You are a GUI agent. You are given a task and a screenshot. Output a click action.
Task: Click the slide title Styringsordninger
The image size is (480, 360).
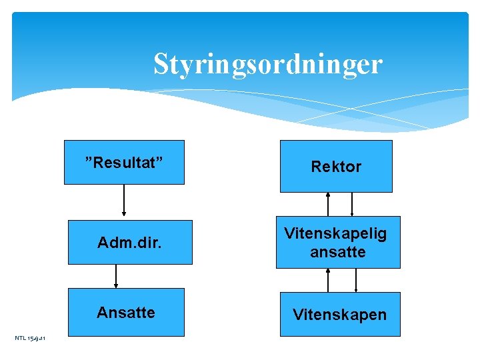(267, 65)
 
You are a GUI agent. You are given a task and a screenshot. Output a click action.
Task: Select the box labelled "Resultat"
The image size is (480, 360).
(124, 162)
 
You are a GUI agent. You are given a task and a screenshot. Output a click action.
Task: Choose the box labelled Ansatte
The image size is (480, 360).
(125, 312)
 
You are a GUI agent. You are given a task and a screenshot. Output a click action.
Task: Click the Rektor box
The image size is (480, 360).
(336, 167)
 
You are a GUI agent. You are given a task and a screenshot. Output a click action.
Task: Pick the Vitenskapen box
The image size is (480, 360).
(339, 314)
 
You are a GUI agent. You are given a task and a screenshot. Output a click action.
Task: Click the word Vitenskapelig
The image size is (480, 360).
(335, 233)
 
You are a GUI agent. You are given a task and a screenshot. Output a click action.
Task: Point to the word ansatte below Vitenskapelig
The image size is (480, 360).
(338, 252)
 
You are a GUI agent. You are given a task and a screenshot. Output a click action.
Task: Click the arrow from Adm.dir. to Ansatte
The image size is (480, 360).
(117, 276)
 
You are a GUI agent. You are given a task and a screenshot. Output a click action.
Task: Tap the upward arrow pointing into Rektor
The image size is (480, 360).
(328, 204)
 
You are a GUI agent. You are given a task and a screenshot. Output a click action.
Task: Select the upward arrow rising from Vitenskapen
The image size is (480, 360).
(328, 280)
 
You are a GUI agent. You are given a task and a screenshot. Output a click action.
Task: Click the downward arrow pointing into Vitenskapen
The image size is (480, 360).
(356, 280)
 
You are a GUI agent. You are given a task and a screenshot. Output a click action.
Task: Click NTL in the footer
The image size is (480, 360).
(20, 339)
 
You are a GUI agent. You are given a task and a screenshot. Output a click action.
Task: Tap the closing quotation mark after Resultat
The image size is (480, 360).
(160, 161)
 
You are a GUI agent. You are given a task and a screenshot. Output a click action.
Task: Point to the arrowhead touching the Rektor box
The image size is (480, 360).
(328, 195)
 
